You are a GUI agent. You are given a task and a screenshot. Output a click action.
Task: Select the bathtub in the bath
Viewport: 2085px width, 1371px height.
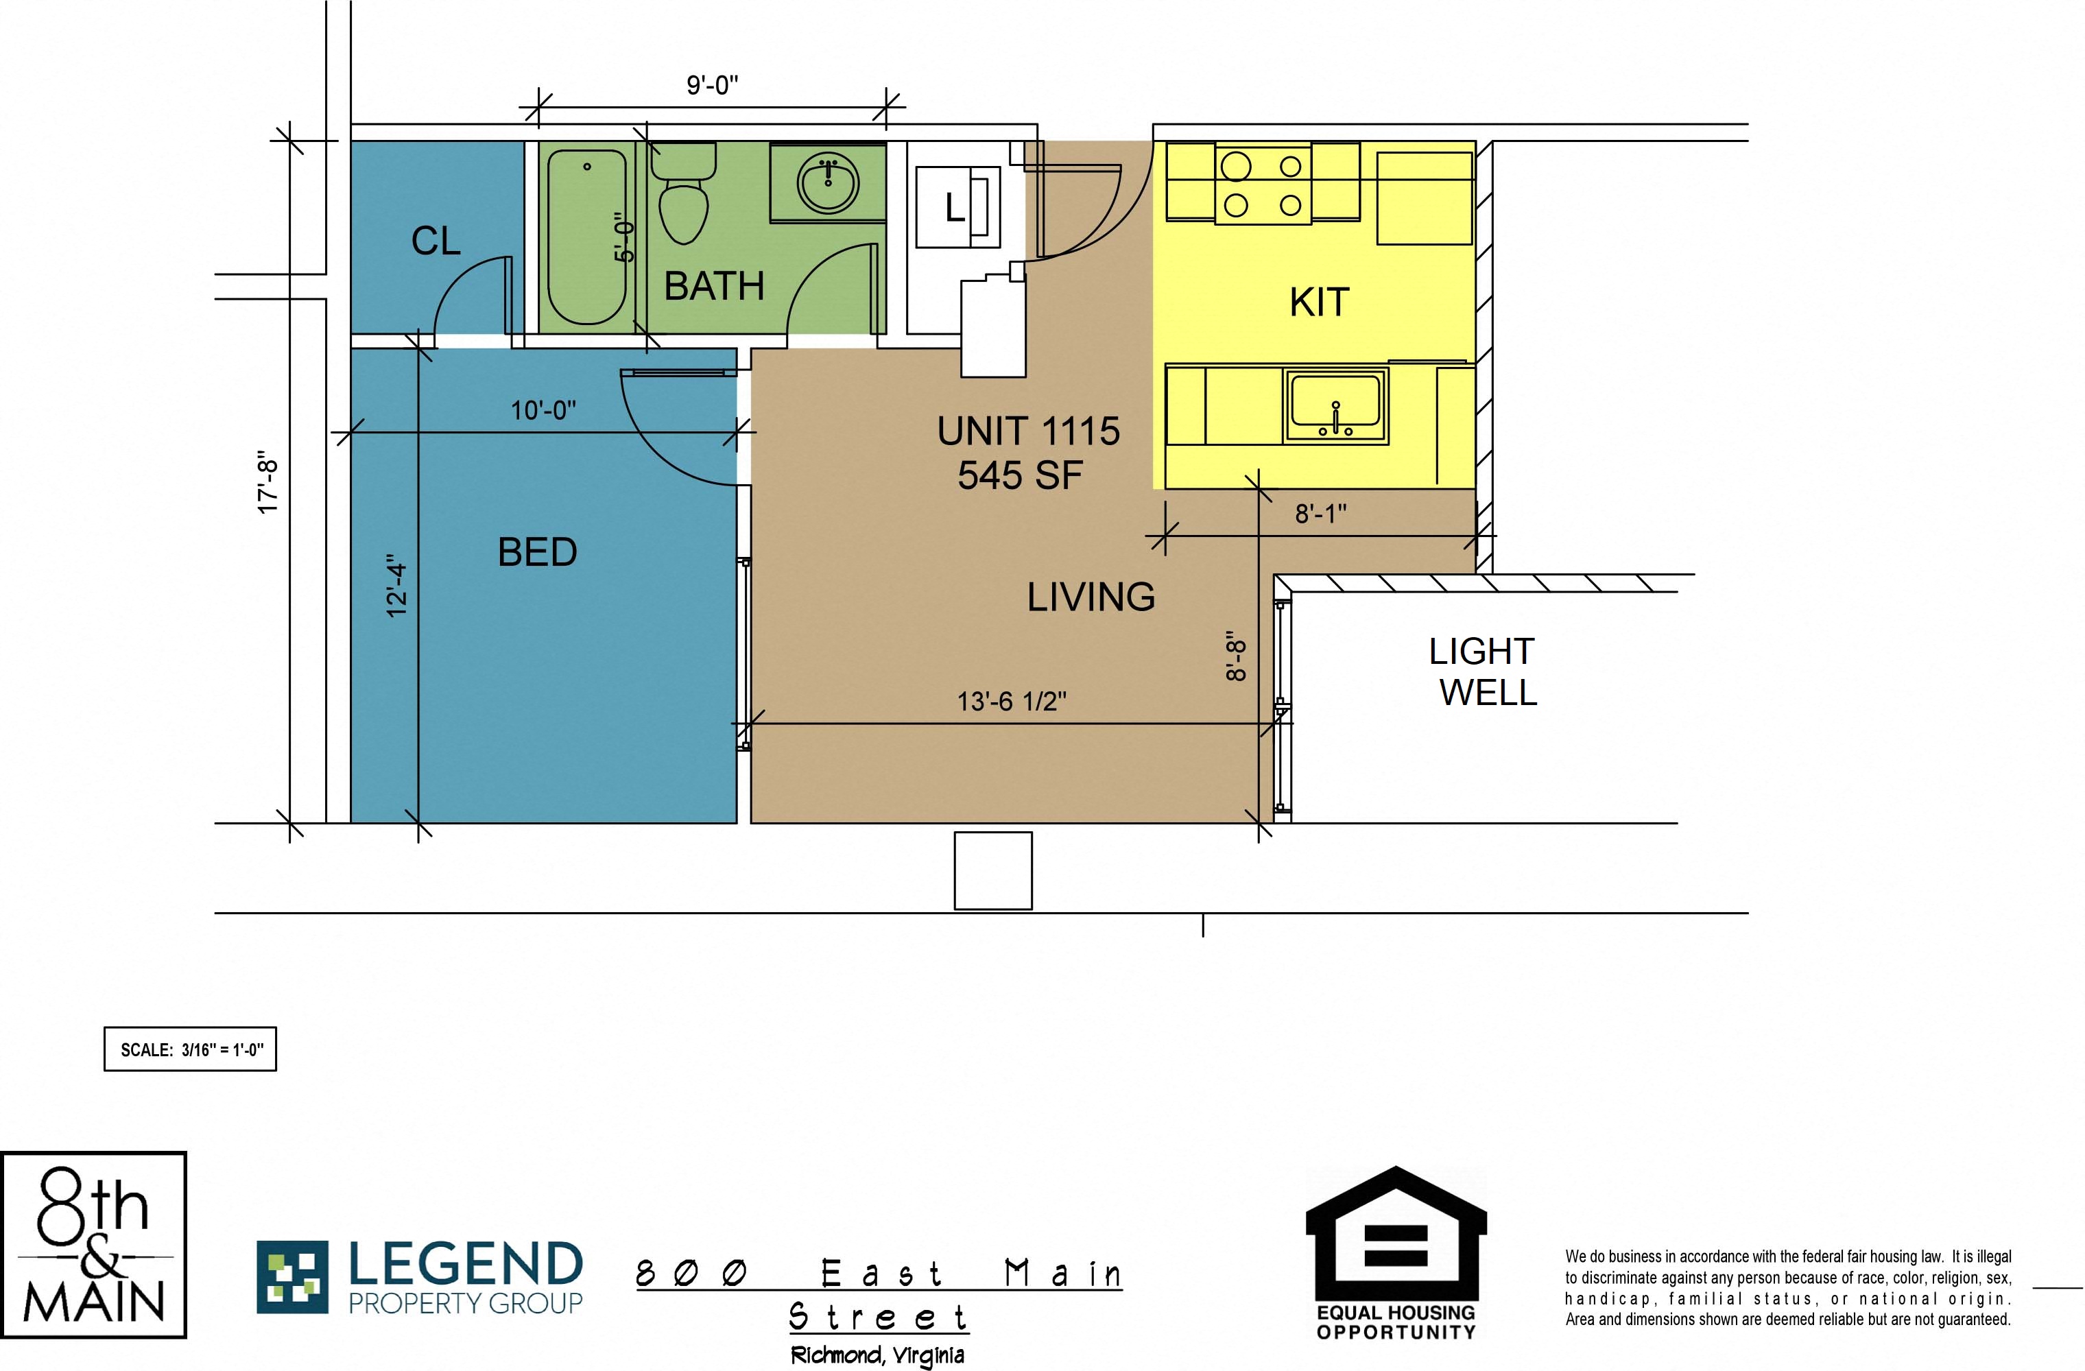(x=587, y=237)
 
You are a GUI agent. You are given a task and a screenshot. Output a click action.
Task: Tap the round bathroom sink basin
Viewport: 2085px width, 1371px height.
(x=827, y=183)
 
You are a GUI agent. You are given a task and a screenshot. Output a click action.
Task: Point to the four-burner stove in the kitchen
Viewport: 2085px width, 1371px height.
(x=1263, y=185)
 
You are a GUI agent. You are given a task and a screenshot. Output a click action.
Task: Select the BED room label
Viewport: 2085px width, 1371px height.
(x=537, y=552)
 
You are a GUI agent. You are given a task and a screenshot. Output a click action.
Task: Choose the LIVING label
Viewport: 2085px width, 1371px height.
(x=1091, y=597)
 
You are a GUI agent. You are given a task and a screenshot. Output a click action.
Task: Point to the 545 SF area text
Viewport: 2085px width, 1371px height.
(x=1020, y=476)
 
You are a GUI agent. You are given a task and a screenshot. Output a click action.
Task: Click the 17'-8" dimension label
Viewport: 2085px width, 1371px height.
(x=268, y=482)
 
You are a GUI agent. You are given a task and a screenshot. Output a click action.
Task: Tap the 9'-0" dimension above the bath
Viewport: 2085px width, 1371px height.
(x=712, y=85)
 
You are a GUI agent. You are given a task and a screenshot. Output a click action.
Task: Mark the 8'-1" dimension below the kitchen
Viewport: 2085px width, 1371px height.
(x=1320, y=514)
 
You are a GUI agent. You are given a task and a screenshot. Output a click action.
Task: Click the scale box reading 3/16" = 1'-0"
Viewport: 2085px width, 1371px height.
(x=190, y=1049)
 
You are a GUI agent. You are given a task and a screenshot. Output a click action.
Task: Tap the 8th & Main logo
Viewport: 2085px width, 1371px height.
(x=94, y=1245)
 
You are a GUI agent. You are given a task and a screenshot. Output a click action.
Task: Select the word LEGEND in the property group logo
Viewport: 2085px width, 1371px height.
(x=465, y=1264)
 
